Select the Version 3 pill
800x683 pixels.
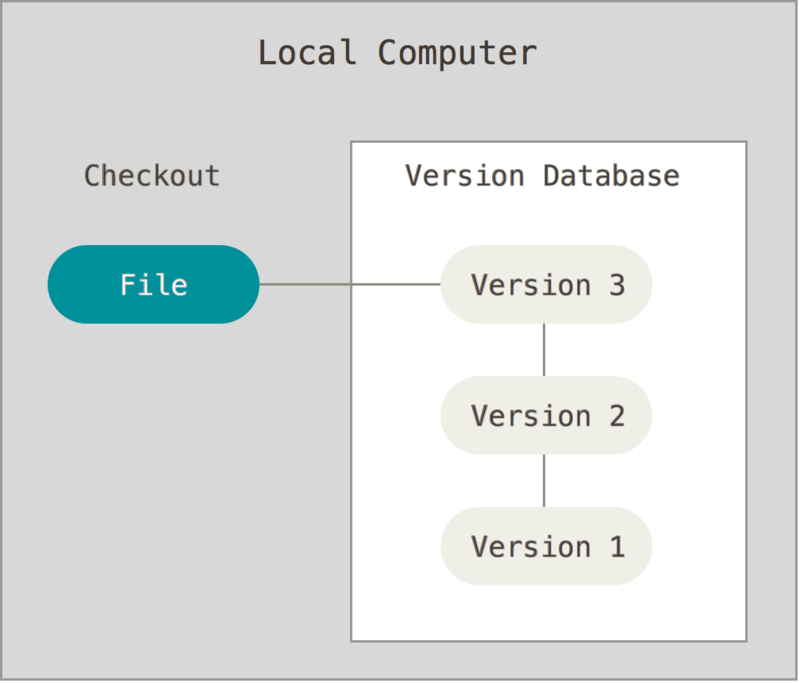pyautogui.click(x=546, y=285)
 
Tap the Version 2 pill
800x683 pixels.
pyautogui.click(x=546, y=415)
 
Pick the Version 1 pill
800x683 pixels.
pyautogui.click(x=546, y=546)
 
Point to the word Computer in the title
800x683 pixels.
pyautogui.click(x=456, y=52)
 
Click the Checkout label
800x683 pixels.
pyautogui.click(x=152, y=176)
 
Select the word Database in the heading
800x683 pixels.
pyautogui.click(x=611, y=176)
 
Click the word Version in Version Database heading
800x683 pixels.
pyautogui.click(x=464, y=176)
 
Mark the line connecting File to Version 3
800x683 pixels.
pyautogui.click(x=350, y=284)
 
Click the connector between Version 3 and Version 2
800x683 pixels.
pyautogui.click(x=544, y=350)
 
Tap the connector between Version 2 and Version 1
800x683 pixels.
pyautogui.click(x=544, y=481)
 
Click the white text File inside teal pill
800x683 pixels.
pyautogui.click(x=154, y=285)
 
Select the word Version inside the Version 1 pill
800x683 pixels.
pyautogui.click(x=531, y=546)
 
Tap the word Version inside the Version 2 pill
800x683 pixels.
pyautogui.click(x=531, y=415)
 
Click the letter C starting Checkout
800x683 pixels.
pyautogui.click(x=92, y=176)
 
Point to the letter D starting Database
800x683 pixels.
pyautogui.click(x=551, y=176)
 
